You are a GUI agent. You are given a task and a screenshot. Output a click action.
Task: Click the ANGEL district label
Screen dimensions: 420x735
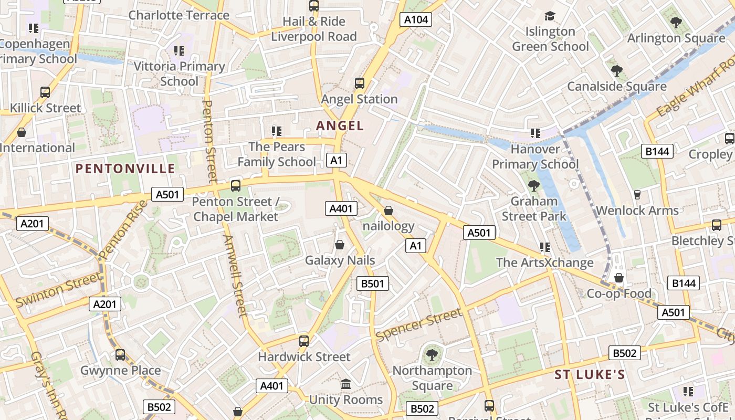point(340,126)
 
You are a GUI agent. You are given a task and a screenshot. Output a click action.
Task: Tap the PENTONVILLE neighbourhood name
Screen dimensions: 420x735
point(125,169)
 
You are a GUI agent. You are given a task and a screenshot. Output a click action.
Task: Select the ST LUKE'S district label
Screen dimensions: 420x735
point(590,375)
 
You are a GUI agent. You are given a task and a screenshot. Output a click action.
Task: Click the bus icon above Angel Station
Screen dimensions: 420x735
point(359,83)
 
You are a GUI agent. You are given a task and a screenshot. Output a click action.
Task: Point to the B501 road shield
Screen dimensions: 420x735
point(372,284)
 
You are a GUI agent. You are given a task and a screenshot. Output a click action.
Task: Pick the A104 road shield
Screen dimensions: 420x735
point(416,20)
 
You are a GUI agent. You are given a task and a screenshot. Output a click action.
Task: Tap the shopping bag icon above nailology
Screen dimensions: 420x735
point(388,211)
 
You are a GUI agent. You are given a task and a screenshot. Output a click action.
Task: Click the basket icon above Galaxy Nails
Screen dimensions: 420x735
point(340,245)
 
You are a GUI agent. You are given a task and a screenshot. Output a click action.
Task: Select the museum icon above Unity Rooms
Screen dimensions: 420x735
point(346,384)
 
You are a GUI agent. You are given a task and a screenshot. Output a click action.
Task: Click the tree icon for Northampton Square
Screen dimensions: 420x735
point(432,355)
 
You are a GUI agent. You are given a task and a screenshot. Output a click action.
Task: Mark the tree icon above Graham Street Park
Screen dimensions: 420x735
point(534,185)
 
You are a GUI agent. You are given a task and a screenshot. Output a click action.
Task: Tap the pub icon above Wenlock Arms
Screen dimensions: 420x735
point(637,195)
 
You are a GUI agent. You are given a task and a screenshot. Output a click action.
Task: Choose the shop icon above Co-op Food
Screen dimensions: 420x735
point(619,277)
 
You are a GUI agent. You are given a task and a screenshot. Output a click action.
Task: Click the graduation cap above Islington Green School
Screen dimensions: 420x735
point(550,16)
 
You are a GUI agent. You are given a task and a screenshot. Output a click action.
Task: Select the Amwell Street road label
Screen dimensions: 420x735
point(235,276)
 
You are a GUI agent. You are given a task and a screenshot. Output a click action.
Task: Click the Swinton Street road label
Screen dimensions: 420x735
point(58,290)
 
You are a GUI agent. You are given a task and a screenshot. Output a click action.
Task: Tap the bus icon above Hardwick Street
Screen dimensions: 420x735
point(303,341)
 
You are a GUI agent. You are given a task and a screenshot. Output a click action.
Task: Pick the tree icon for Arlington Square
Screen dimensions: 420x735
point(676,23)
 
